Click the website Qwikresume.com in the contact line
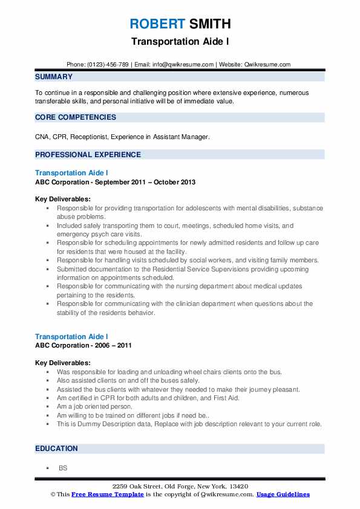point(268,65)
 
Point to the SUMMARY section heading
point(54,77)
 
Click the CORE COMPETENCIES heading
point(76,117)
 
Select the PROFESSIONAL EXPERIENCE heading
point(88,155)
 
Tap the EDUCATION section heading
point(56,449)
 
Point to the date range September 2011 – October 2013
point(145,182)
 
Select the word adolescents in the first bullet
point(188,208)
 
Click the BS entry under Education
point(62,468)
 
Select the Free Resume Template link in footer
point(107,494)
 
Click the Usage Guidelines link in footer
point(283,494)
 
